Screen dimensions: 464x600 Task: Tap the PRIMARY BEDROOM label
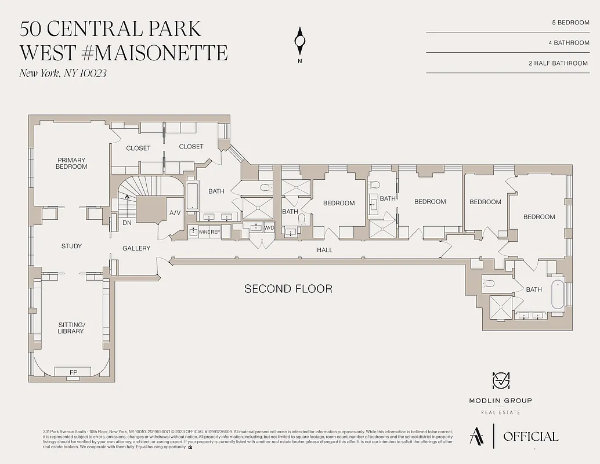(x=72, y=164)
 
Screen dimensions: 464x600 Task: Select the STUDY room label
(x=71, y=246)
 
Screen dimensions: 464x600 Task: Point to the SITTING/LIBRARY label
(x=71, y=328)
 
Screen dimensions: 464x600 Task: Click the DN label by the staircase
(x=126, y=223)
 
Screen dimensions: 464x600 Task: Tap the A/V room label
(x=175, y=213)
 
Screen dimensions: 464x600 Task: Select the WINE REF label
(x=209, y=232)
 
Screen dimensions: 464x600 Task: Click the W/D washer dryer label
(x=269, y=227)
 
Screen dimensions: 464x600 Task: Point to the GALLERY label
(x=136, y=248)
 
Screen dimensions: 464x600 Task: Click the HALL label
(x=325, y=250)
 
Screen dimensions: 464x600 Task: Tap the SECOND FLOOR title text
(x=288, y=289)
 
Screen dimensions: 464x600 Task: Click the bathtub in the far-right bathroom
(x=557, y=294)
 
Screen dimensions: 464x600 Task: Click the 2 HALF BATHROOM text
(x=559, y=63)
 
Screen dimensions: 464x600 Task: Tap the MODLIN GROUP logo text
(x=500, y=400)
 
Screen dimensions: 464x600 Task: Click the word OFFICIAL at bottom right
(x=530, y=437)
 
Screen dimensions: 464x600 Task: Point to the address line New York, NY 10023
(x=63, y=73)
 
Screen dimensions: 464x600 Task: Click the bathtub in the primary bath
(x=192, y=197)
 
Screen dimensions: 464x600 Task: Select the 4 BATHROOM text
(x=568, y=42)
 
